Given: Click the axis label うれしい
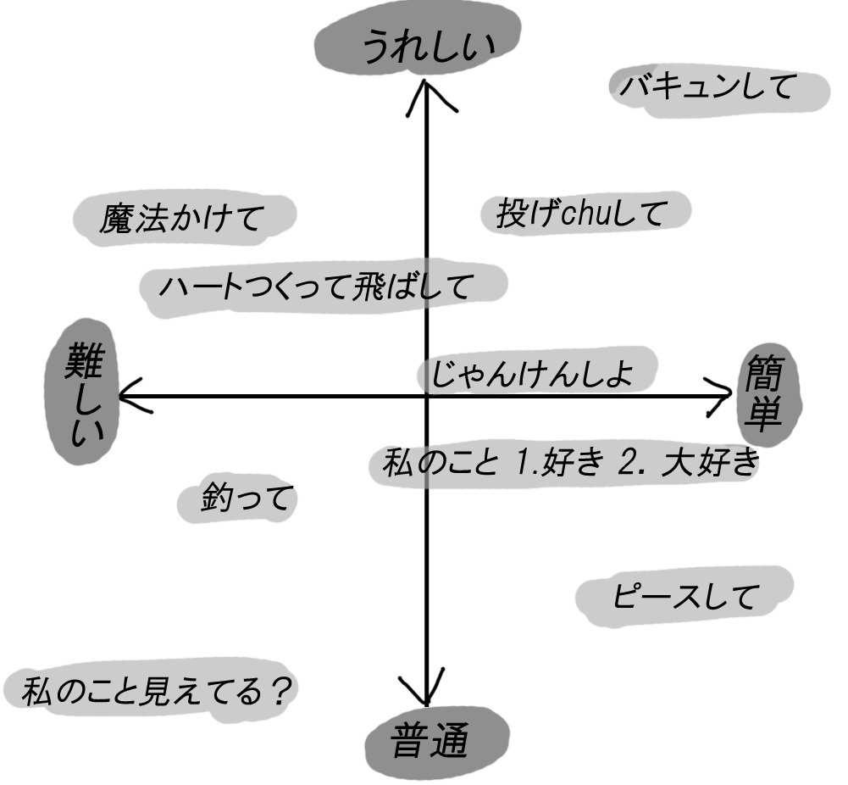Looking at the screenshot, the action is click(429, 47).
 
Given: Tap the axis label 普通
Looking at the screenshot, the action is click(429, 740).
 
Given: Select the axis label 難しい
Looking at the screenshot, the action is click(84, 394).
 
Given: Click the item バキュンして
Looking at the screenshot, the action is click(708, 86).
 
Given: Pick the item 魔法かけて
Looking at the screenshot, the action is click(181, 218).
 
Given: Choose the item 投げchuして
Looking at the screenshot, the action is click(579, 213).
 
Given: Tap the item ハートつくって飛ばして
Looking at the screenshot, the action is click(316, 287).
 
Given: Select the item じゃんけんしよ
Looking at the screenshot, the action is click(532, 373).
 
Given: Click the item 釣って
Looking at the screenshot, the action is click(247, 498).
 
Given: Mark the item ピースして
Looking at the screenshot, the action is click(684, 596).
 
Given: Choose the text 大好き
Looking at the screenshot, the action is click(711, 462).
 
